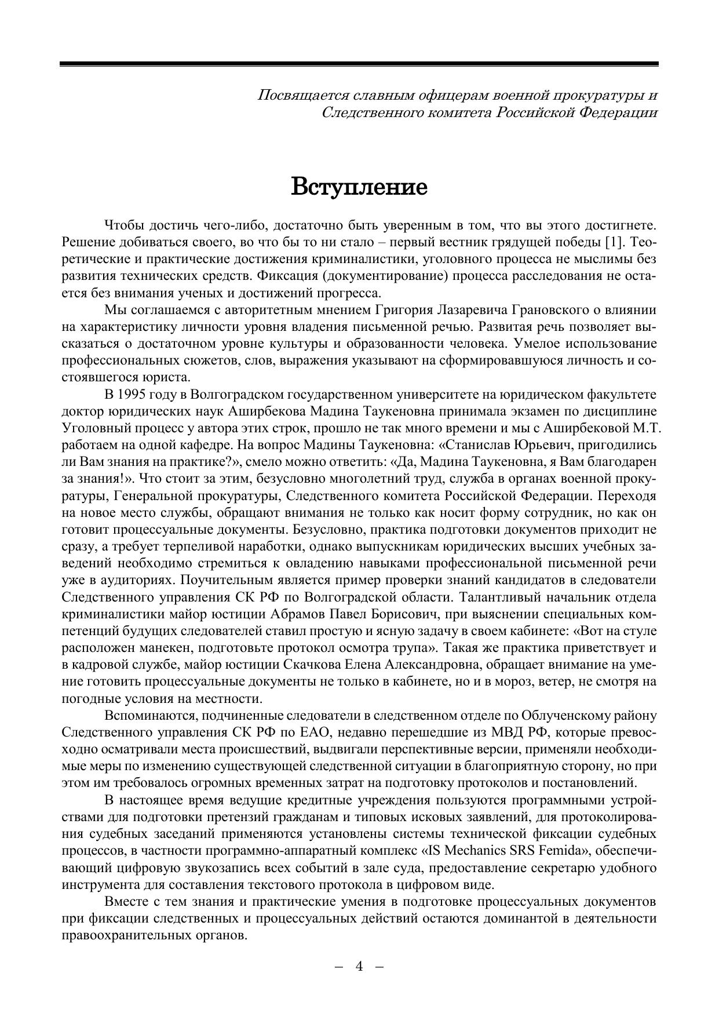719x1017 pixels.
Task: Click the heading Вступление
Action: tap(359, 187)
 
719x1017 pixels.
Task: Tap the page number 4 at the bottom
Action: tap(359, 966)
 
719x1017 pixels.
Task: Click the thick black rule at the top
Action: tap(359, 64)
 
